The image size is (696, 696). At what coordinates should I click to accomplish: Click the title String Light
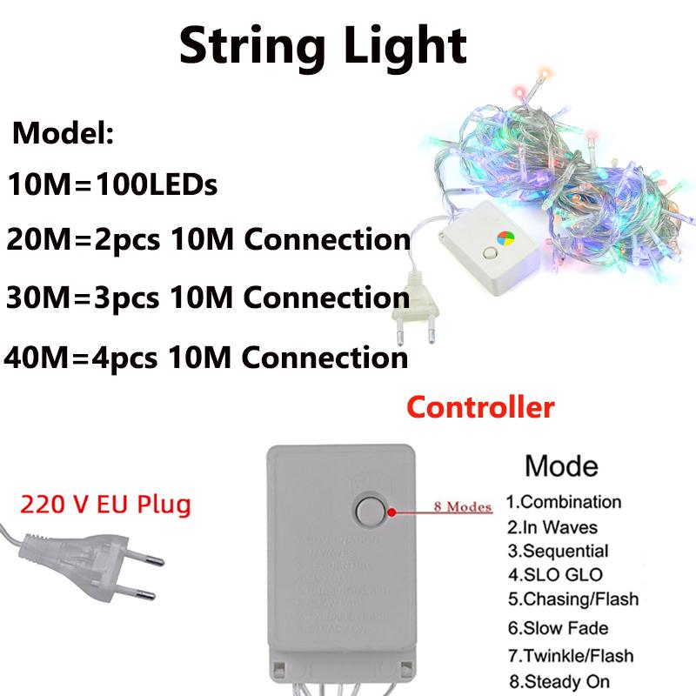pyautogui.click(x=323, y=44)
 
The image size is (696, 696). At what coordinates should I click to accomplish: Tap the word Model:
pyautogui.click(x=63, y=136)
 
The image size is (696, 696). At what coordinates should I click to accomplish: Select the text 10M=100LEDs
pyautogui.click(x=111, y=185)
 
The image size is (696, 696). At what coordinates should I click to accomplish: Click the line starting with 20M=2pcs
pyautogui.click(x=208, y=239)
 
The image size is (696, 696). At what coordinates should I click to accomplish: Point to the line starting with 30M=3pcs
pyautogui.click(x=208, y=298)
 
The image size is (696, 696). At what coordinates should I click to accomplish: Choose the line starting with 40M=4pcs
pyautogui.click(x=206, y=357)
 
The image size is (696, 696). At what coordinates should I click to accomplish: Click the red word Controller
pyautogui.click(x=480, y=406)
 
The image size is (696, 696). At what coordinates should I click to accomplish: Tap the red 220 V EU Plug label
pyautogui.click(x=104, y=503)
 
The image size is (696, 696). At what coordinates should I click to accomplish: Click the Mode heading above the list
pyautogui.click(x=561, y=465)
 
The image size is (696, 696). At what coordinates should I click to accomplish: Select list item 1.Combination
pyautogui.click(x=564, y=502)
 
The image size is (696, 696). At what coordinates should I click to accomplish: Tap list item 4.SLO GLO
pyautogui.click(x=554, y=575)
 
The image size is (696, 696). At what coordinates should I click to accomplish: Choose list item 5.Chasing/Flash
pyautogui.click(x=572, y=599)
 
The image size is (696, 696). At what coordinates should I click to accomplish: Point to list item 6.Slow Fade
pyautogui.click(x=558, y=628)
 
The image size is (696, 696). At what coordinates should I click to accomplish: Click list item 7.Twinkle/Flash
pyautogui.click(x=570, y=655)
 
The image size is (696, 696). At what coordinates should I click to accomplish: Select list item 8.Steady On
pyautogui.click(x=558, y=681)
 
